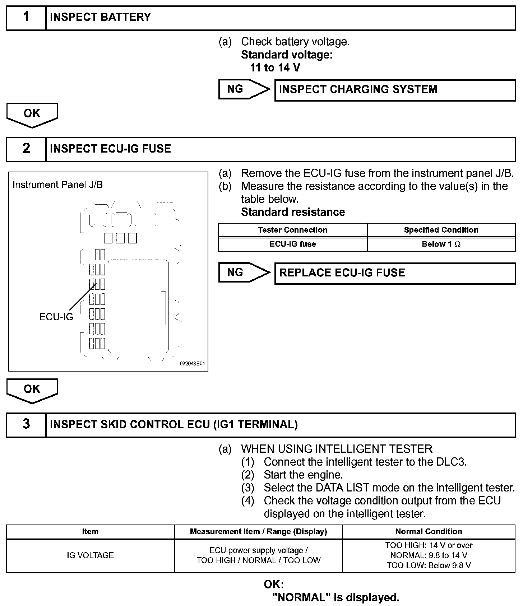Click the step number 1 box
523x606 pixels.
tap(26, 18)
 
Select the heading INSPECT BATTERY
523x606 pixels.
tap(100, 18)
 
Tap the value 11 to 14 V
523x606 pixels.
tap(275, 68)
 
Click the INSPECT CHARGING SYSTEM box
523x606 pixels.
tap(395, 90)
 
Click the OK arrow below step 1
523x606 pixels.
tap(32, 115)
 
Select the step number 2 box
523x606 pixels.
tap(26, 149)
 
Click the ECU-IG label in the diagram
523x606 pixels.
tap(56, 317)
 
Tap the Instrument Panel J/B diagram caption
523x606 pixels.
tap(57, 185)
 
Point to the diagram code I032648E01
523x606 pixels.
tap(192, 364)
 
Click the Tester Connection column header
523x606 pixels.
tap(292, 230)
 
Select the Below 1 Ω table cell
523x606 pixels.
tap(441, 244)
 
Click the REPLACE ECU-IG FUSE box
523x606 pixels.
tap(395, 273)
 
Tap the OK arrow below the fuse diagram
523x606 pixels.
tap(32, 390)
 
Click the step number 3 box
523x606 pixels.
tap(26, 425)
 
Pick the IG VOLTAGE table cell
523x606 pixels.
tap(90, 555)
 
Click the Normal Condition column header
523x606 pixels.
tap(429, 532)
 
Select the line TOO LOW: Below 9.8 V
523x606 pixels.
tap(429, 565)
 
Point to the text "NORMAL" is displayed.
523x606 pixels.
tap(336, 598)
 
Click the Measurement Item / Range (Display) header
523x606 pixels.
tap(258, 532)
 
